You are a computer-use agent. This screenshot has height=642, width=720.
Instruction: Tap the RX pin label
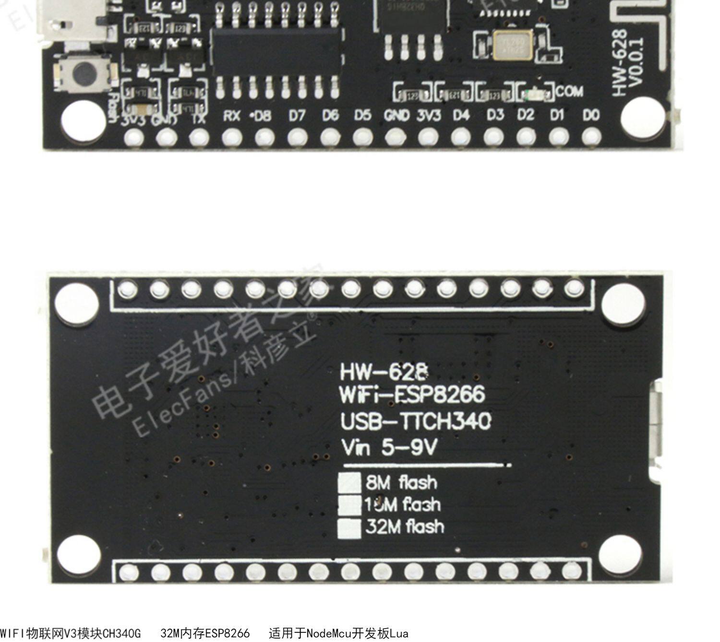click(232, 116)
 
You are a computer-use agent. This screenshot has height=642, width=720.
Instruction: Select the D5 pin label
click(362, 116)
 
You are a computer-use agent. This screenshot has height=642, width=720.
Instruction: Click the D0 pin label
click(591, 116)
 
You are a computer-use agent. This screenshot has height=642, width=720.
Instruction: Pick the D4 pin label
click(461, 116)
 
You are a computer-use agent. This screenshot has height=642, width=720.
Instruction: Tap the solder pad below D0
click(591, 138)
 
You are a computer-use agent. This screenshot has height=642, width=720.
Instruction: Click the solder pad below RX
click(232, 138)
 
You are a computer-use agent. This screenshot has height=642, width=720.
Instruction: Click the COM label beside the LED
click(570, 91)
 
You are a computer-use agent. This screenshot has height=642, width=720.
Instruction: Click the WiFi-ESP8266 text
click(412, 396)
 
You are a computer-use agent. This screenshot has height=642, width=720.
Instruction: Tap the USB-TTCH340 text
click(416, 421)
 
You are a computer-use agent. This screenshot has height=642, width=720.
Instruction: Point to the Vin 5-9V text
click(389, 448)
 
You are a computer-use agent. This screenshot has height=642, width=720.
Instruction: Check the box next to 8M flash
click(349, 482)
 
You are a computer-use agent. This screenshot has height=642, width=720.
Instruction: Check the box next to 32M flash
click(349, 527)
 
